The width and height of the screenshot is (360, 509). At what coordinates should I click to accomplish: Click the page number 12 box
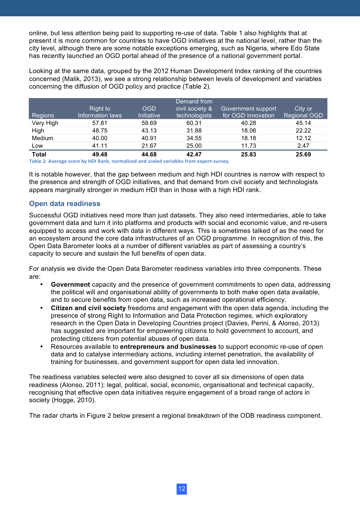182,489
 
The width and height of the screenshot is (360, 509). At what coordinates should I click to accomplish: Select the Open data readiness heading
64,204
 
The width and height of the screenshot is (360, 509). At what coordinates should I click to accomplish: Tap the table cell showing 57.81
100,123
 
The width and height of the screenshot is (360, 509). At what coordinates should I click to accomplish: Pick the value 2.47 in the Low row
303,146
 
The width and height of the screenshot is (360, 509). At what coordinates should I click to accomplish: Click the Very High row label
45,123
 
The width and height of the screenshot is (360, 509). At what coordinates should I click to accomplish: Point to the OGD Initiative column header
149,112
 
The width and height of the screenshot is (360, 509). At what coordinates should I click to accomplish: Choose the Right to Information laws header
100,112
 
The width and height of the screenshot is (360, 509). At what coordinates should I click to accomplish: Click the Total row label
39,155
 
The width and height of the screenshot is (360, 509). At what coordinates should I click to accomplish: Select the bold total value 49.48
100,155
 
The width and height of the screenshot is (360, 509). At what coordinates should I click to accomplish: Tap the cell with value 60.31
194,123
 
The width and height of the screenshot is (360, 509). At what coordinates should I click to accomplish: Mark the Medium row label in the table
42,138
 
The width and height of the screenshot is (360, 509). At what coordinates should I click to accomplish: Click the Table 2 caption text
129,161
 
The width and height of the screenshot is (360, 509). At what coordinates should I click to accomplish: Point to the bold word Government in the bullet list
70,284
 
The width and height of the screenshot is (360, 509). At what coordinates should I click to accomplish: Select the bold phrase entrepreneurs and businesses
168,347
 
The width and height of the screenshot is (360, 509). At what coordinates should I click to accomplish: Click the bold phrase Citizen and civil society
88,308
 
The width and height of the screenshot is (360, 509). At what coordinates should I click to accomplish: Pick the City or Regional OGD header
303,112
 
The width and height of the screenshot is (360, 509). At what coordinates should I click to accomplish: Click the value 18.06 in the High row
249,131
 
